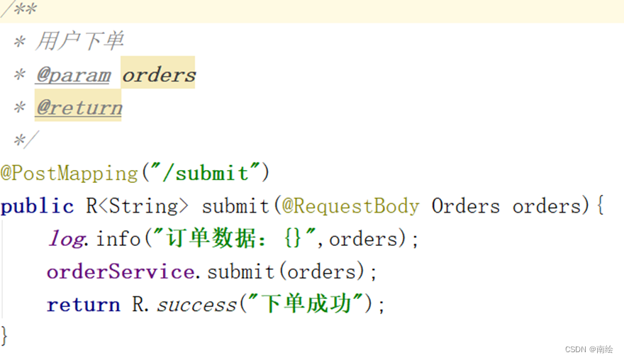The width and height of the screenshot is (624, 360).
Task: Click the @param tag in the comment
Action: tap(73, 75)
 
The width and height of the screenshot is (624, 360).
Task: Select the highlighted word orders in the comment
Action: tap(158, 75)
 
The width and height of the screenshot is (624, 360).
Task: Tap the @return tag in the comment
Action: tap(79, 108)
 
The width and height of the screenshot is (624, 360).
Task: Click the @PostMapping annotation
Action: tap(69, 173)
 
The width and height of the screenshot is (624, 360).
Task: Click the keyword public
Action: tap(37, 206)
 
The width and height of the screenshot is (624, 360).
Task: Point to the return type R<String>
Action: tap(138, 206)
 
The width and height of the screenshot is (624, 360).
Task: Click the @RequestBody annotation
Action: tap(350, 206)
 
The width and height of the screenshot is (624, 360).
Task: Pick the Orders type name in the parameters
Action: tap(466, 206)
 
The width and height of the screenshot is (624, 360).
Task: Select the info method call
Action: tap(118, 239)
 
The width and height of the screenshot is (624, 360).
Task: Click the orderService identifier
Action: tap(120, 271)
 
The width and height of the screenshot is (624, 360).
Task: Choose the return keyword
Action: tap(83, 305)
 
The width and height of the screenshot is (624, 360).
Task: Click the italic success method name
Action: tap(196, 305)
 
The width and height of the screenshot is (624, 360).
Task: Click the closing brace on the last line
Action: tap(6, 334)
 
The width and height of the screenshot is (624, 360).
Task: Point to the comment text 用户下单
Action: tap(79, 42)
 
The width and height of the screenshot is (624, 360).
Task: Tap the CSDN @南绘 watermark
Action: tap(589, 349)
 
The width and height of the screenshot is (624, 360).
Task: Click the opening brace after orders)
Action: tap(598, 206)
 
